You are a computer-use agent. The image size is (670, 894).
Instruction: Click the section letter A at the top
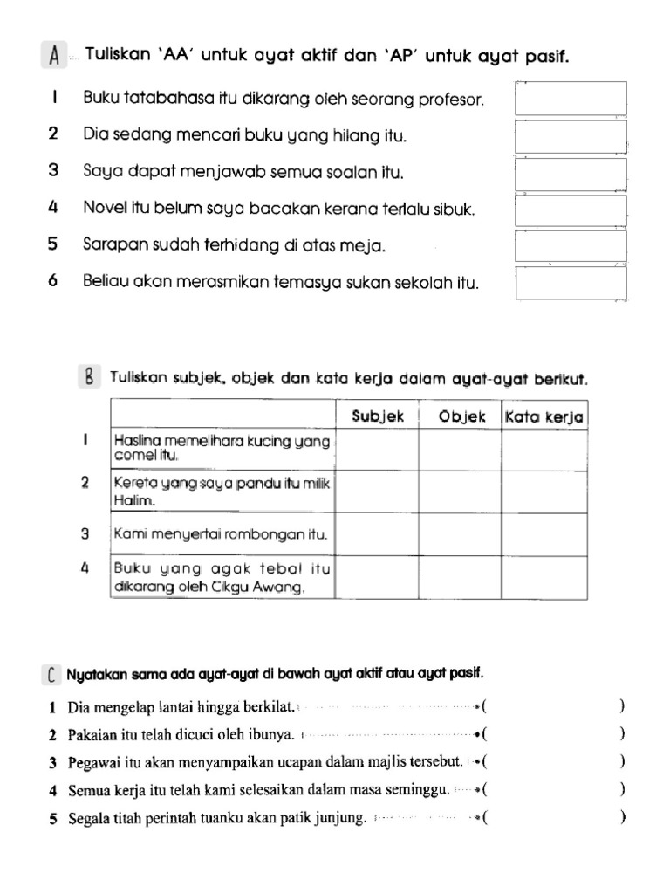54,57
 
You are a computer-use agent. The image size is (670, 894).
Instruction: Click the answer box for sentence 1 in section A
571,99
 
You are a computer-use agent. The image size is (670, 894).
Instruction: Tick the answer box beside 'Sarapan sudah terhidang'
571,246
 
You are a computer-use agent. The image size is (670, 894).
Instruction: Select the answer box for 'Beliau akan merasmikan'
571,283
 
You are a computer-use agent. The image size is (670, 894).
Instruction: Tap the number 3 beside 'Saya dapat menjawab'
54,172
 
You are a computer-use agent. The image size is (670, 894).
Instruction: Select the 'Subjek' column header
378,417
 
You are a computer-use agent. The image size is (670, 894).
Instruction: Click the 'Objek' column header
461,417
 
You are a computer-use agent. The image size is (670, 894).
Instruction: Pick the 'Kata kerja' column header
544,417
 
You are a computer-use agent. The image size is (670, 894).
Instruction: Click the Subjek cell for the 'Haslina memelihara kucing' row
377,450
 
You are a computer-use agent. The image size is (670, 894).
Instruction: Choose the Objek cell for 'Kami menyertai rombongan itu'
461,534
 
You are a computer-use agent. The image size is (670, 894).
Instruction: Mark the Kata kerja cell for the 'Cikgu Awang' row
544,577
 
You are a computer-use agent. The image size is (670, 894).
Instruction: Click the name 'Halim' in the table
133,501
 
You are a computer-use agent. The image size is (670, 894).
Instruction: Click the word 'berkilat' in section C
268,706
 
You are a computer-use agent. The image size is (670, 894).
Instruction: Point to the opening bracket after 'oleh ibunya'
484,734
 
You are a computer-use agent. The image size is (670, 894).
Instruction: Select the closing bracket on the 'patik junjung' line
622,819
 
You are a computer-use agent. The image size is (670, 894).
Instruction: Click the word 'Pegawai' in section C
94,763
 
